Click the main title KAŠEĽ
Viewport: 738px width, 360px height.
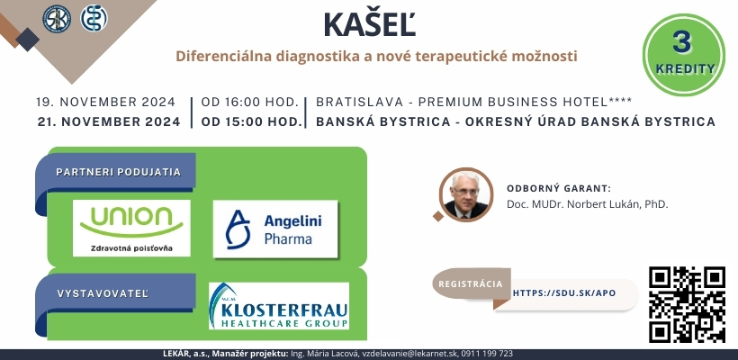point(370,24)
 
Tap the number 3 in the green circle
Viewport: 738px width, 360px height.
point(682,42)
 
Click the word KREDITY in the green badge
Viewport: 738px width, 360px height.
point(685,68)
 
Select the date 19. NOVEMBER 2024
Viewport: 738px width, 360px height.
point(106,102)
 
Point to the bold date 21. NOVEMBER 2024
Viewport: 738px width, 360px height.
point(109,121)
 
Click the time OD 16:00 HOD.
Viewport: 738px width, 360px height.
point(250,102)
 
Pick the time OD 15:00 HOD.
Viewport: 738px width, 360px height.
point(251,121)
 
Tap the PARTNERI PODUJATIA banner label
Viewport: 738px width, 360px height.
point(118,172)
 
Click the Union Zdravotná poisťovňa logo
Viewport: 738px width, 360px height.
point(131,229)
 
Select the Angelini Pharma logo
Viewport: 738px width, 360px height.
point(275,229)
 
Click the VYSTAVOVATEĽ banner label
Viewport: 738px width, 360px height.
point(103,293)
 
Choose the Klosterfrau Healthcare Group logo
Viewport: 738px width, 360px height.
point(279,305)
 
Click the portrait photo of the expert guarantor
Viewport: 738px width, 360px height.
point(466,194)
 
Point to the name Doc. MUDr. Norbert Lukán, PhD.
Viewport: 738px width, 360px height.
point(588,204)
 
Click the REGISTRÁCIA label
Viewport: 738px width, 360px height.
point(471,284)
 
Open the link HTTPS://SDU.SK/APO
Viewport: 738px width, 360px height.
point(564,293)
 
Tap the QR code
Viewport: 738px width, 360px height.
point(687,304)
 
